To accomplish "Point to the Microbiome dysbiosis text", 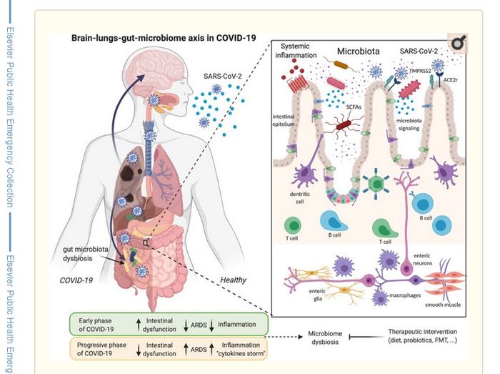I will [330, 338].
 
